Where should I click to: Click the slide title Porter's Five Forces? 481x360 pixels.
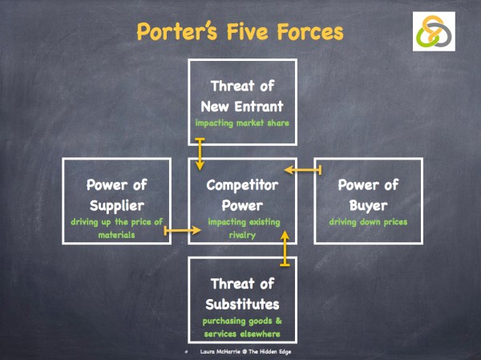click(x=240, y=32)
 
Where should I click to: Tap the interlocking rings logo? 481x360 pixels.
click(x=434, y=32)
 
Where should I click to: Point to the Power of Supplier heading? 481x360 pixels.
click(x=116, y=194)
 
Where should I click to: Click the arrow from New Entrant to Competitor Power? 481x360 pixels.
click(x=200, y=153)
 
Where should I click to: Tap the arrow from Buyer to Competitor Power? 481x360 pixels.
click(x=302, y=169)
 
